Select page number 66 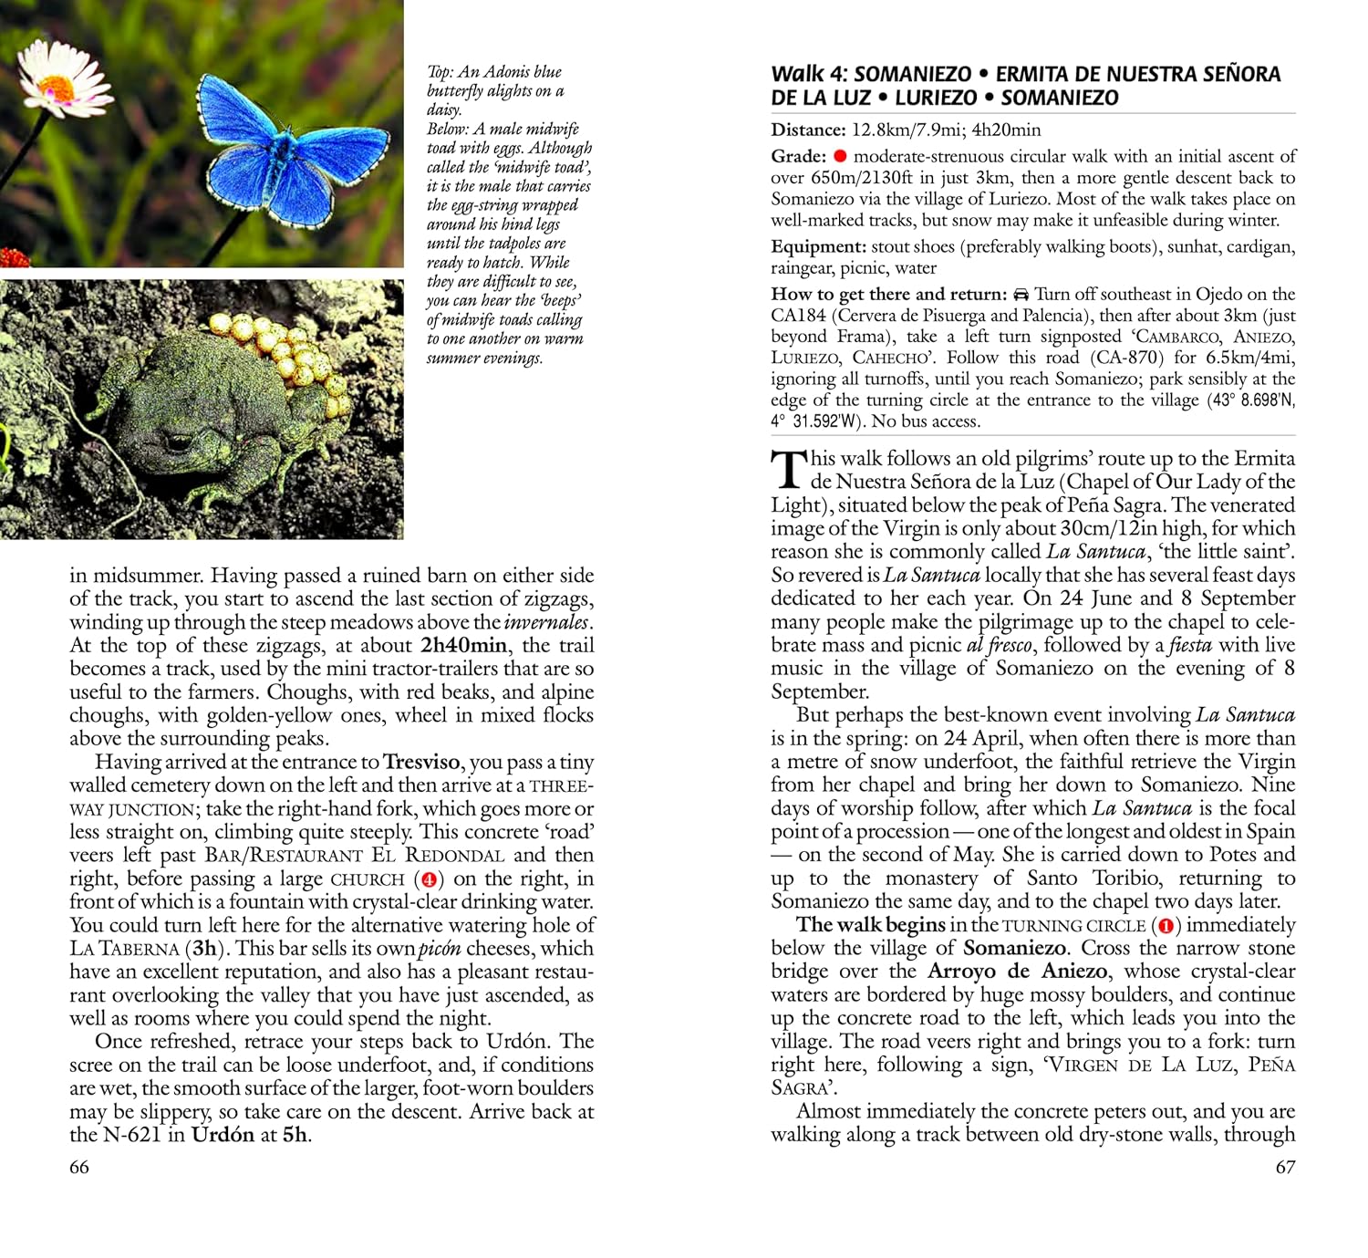(x=79, y=1167)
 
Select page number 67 (x=1285, y=1167)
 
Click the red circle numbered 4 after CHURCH (x=429, y=879)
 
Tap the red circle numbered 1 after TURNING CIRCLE (x=1165, y=926)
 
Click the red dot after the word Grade (x=840, y=156)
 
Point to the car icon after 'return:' (x=1021, y=295)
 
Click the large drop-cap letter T (x=788, y=470)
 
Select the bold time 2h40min (x=463, y=646)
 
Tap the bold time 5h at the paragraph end (x=295, y=1135)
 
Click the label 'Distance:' (x=808, y=130)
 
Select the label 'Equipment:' (x=818, y=246)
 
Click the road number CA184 (x=798, y=316)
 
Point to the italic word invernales (x=546, y=622)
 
